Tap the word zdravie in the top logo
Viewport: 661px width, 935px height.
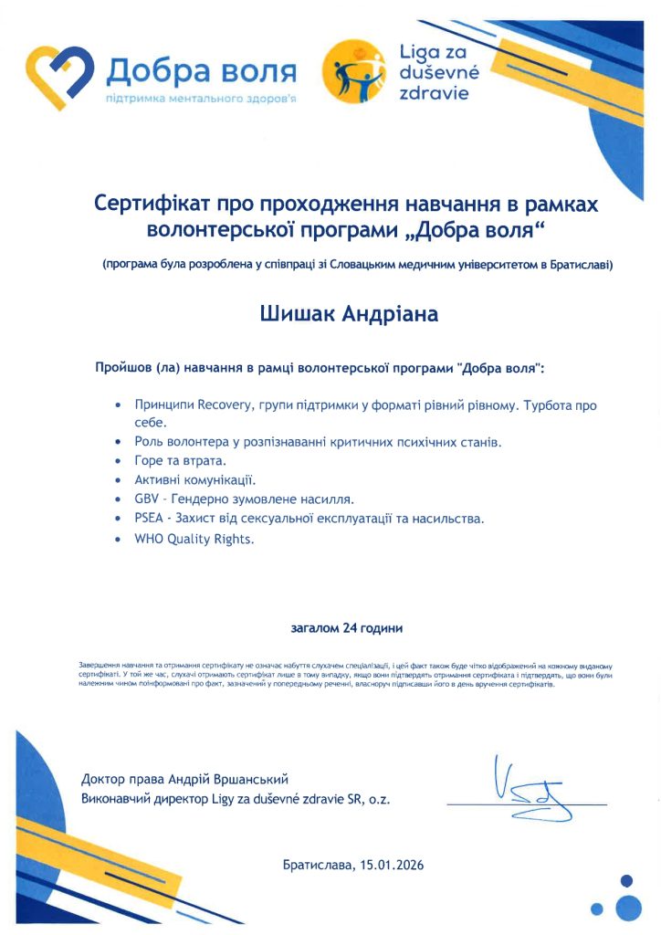pos(434,94)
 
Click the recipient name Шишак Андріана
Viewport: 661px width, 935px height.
pos(350,315)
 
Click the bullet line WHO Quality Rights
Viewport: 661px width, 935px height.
pos(194,539)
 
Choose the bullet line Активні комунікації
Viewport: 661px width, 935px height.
pos(195,479)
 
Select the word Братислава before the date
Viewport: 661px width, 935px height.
pos(318,864)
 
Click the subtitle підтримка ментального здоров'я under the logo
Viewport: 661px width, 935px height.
pos(202,97)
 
